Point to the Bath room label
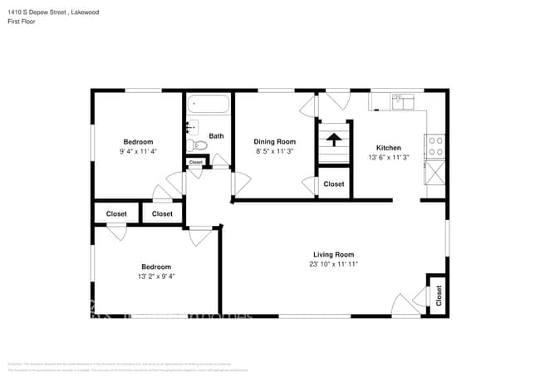pyautogui.click(x=216, y=136)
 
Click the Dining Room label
pyautogui.click(x=275, y=142)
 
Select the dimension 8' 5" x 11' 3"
pyautogui.click(x=275, y=152)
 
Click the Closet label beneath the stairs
pyautogui.click(x=334, y=184)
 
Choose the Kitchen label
pyautogui.click(x=389, y=148)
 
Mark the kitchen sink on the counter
pyautogui.click(x=403, y=101)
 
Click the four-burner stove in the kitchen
pyautogui.click(x=435, y=146)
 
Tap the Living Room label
pyautogui.click(x=333, y=255)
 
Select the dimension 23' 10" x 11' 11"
pyautogui.click(x=333, y=265)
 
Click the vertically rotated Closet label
pyautogui.click(x=438, y=294)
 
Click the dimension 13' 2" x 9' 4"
pyautogui.click(x=156, y=277)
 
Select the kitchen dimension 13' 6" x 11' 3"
pyautogui.click(x=389, y=157)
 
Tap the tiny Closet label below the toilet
pyautogui.click(x=196, y=162)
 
